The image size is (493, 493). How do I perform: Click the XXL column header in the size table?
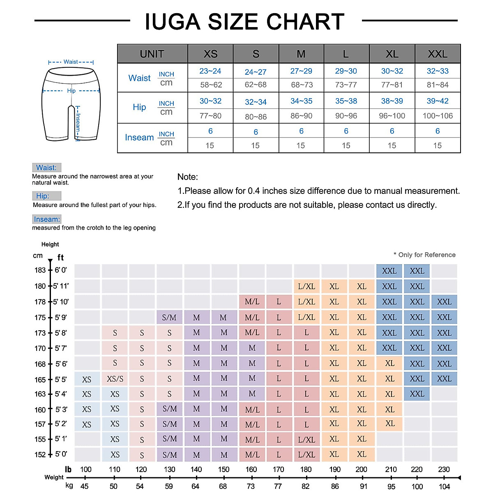click(x=438, y=54)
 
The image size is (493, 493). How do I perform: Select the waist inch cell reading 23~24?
click(x=210, y=71)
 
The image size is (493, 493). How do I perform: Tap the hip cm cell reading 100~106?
click(x=438, y=116)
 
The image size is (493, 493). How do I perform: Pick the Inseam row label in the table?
click(x=139, y=138)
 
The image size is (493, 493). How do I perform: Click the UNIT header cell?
click(x=152, y=54)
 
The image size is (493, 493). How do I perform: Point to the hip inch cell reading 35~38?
click(x=346, y=101)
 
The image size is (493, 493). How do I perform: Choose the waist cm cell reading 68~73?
click(x=302, y=85)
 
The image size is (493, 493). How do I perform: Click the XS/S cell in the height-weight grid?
click(x=115, y=379)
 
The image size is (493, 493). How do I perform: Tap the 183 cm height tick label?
click(x=40, y=270)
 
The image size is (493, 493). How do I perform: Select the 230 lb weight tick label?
click(x=444, y=469)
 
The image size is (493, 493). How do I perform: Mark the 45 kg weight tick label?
click(x=84, y=486)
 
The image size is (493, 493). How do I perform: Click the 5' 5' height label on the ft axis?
click(x=61, y=380)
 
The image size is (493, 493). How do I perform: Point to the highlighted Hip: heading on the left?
click(x=42, y=196)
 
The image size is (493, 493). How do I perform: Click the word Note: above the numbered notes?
click(x=188, y=177)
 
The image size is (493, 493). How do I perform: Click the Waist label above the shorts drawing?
click(x=71, y=62)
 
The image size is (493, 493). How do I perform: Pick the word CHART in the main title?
click(x=305, y=22)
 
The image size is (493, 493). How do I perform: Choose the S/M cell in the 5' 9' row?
click(x=169, y=318)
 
